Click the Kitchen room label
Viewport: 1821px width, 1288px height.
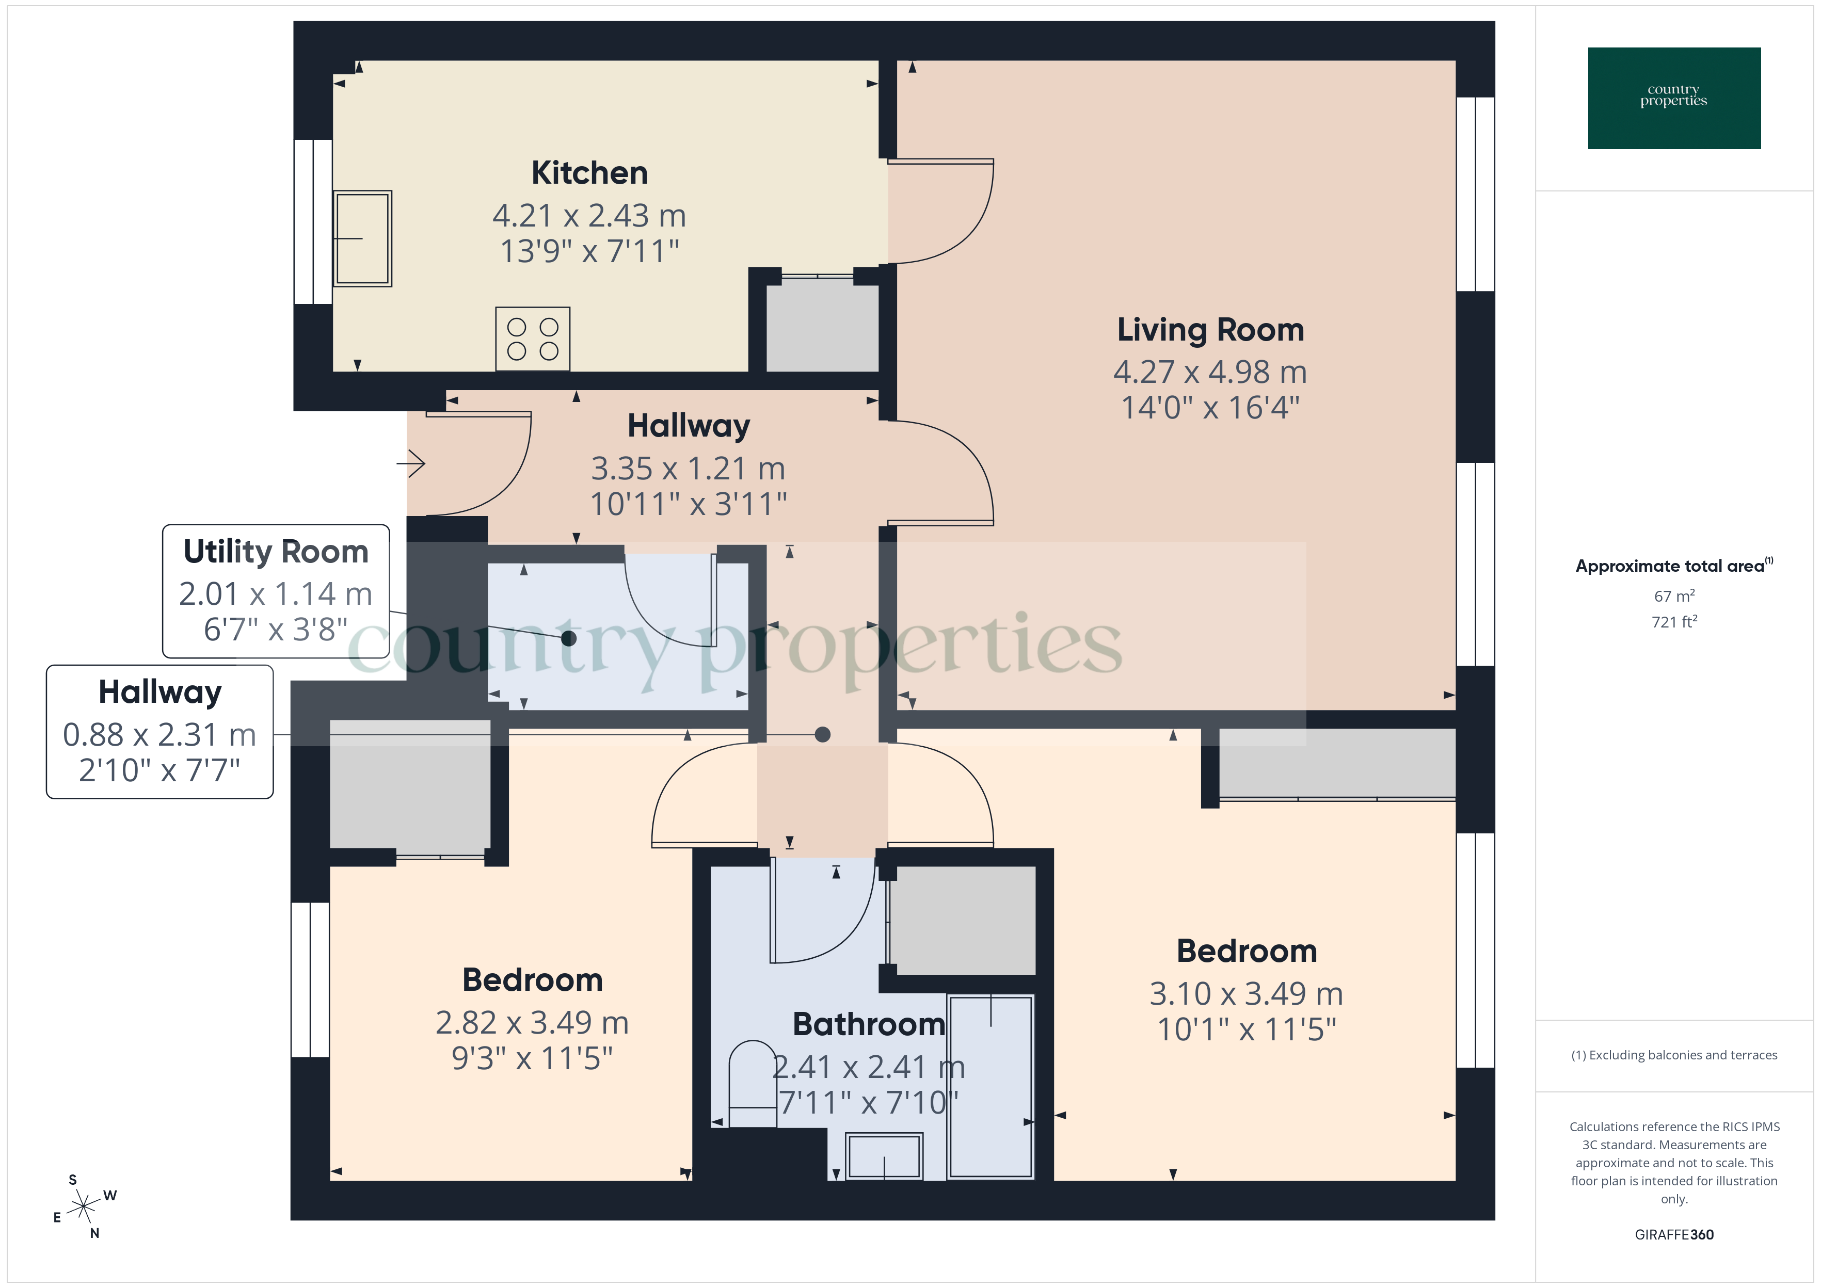point(589,173)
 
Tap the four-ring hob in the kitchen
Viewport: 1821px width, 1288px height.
point(532,339)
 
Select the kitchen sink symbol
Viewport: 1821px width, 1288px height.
point(362,238)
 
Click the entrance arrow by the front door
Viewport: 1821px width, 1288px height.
point(411,463)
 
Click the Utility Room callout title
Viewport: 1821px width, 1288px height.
point(276,551)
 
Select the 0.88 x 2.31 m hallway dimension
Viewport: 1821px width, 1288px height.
point(159,734)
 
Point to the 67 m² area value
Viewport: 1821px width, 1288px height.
point(1673,595)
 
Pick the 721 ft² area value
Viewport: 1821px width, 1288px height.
point(1673,622)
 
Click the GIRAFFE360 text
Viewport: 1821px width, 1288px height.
point(1673,1234)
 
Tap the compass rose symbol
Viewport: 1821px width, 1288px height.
point(83,1207)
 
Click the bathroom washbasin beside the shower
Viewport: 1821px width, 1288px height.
point(884,1157)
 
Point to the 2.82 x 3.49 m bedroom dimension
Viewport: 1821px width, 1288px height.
point(532,1022)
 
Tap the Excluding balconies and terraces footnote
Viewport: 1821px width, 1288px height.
point(1673,1055)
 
